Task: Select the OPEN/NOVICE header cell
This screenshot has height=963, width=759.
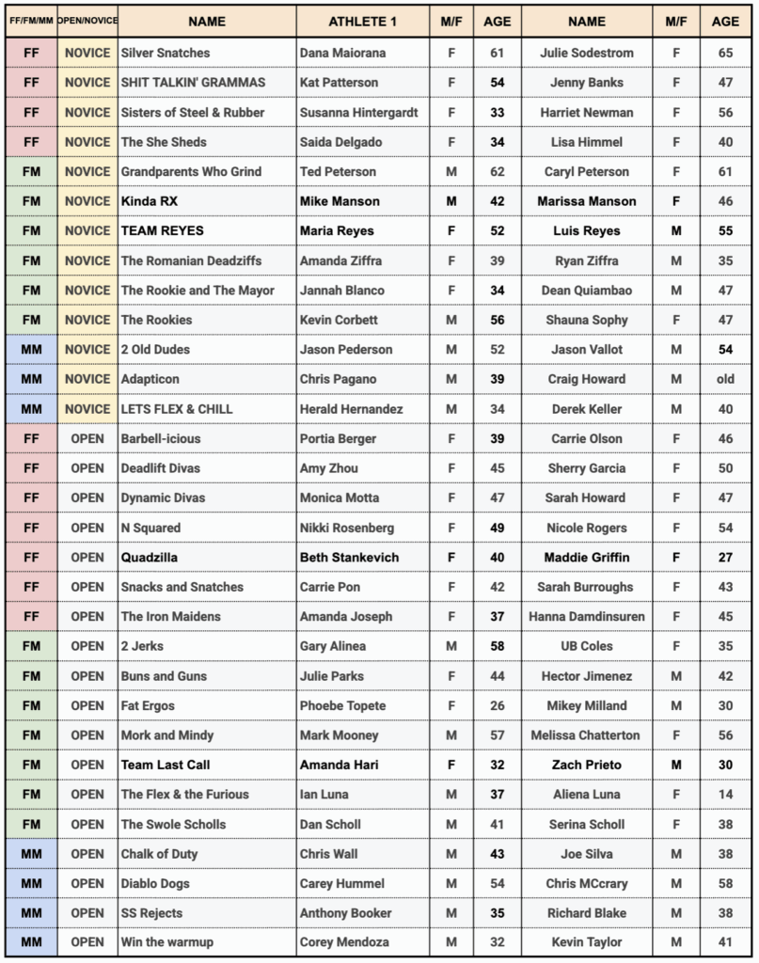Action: (87, 21)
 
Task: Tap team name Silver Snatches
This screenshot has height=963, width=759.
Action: (166, 53)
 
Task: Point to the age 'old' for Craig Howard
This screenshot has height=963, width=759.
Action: (725, 379)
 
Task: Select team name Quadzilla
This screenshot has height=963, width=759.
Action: (151, 557)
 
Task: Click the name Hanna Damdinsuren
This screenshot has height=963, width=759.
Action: (587, 616)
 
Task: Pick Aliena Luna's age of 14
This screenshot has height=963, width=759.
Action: (725, 795)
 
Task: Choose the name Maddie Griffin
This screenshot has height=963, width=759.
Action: (587, 557)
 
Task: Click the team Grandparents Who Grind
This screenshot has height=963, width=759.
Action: (191, 171)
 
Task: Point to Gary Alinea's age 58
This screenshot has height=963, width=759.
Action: (498, 646)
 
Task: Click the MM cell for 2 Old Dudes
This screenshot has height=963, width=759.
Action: (31, 349)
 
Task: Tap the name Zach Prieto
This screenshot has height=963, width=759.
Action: (587, 765)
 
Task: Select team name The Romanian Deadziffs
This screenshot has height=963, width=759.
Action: (191, 260)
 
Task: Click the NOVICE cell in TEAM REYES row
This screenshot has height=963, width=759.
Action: (87, 230)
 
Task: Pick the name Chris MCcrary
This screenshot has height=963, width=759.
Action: (587, 883)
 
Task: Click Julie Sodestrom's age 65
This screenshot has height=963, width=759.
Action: (725, 53)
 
